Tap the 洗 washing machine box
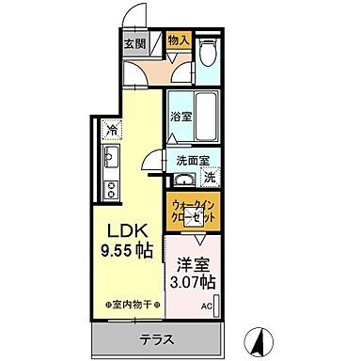211,177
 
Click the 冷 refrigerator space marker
112,131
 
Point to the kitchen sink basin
109,155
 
